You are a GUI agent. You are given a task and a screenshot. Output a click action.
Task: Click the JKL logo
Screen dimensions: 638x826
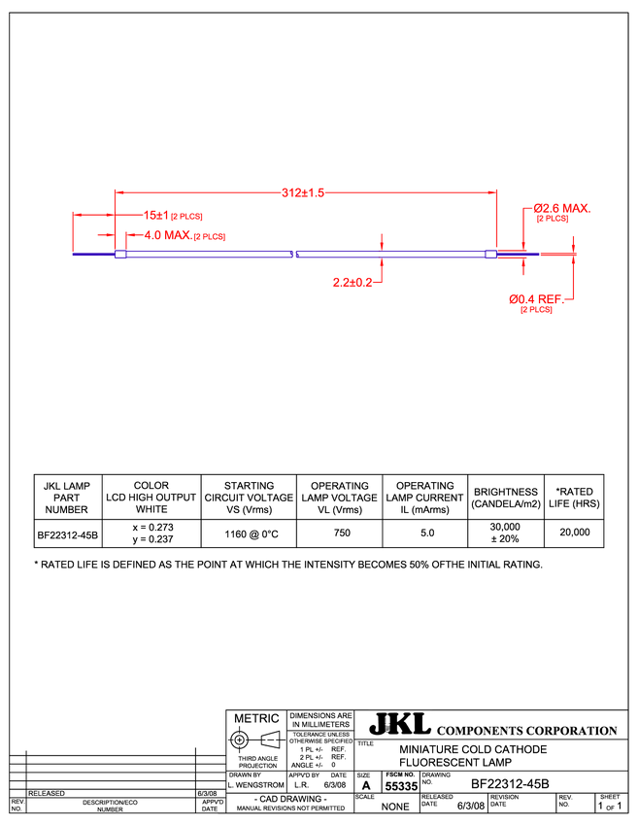coord(399,724)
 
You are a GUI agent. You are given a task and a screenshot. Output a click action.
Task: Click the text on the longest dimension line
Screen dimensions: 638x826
coord(302,193)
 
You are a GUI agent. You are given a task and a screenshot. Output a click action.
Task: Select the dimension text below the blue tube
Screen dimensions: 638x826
coord(353,283)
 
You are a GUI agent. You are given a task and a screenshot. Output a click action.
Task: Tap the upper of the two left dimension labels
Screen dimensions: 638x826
coord(174,215)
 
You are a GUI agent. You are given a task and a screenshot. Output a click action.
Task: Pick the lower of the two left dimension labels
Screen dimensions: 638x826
coord(185,236)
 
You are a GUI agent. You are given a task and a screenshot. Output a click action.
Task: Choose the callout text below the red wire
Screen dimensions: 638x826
coord(535,302)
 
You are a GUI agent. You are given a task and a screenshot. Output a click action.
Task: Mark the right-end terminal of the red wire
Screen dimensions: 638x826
coord(574,255)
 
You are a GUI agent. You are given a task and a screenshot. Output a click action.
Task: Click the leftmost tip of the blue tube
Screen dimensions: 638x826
coord(74,255)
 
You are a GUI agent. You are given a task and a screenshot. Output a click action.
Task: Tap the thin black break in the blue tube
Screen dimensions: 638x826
coord(293,255)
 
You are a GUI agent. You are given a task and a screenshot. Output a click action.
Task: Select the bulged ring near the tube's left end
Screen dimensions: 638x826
coord(120,255)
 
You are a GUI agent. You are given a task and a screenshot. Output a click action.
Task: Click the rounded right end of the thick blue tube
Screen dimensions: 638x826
coord(491,255)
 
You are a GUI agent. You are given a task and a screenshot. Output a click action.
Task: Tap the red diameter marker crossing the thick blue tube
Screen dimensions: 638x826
coord(382,255)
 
